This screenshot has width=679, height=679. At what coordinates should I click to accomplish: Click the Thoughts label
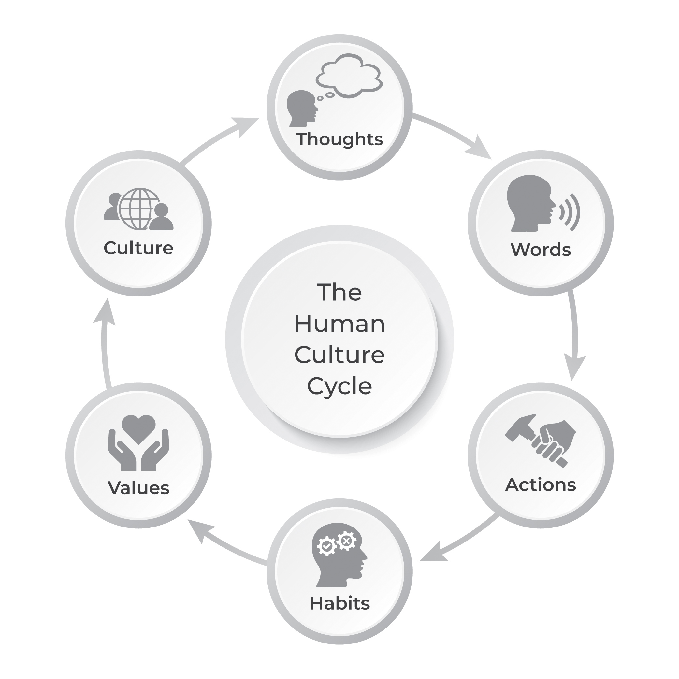[339, 139]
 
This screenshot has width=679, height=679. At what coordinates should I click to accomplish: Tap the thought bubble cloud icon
[349, 75]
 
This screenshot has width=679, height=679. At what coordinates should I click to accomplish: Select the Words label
[541, 250]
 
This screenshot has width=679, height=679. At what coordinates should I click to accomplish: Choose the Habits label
[339, 603]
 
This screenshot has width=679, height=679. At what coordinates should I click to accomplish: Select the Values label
[138, 488]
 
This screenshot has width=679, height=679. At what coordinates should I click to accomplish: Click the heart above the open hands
[138, 428]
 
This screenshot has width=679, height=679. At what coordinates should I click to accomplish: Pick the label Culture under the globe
[138, 248]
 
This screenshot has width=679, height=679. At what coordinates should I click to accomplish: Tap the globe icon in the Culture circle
[139, 209]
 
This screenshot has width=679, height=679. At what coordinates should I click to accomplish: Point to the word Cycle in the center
[339, 386]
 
